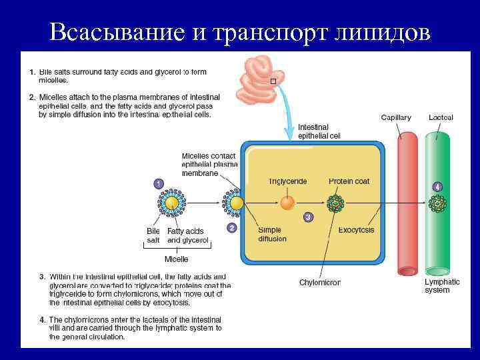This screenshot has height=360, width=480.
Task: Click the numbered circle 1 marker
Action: (x=158, y=183)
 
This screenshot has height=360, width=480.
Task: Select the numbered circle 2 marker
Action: (x=231, y=227)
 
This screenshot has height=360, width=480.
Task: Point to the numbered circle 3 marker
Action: (x=307, y=217)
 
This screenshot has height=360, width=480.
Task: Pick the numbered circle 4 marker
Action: (x=437, y=186)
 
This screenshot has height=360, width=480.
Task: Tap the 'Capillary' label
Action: (x=396, y=118)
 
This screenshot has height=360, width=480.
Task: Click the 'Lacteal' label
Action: (x=441, y=118)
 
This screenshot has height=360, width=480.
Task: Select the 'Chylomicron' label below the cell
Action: (x=319, y=282)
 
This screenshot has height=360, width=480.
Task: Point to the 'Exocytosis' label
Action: (x=356, y=230)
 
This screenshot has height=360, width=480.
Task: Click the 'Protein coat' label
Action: (x=349, y=181)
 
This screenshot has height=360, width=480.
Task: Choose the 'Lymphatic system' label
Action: (x=442, y=286)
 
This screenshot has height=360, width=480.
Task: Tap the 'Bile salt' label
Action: (x=153, y=235)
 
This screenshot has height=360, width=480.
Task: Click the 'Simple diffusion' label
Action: (x=272, y=234)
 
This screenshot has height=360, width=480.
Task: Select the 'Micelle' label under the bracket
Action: (x=176, y=259)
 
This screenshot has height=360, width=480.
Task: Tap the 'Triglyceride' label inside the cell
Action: (x=287, y=181)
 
